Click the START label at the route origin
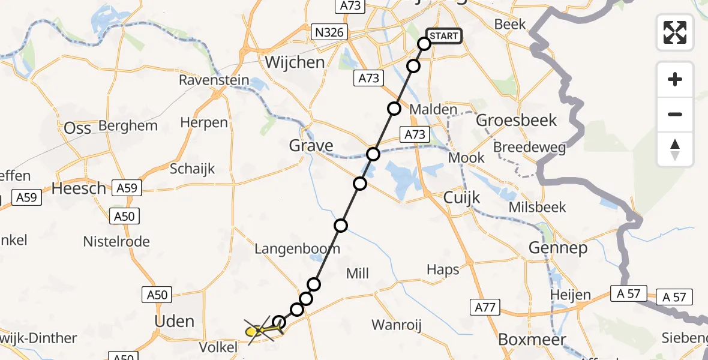(443, 36)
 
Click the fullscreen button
(675, 32)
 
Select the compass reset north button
(675, 149)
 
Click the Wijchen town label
(295, 62)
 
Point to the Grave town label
(311, 146)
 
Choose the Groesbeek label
(517, 120)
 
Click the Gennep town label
(558, 248)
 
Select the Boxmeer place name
(532, 340)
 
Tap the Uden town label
(174, 321)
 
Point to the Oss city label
(77, 128)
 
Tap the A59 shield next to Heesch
(127, 188)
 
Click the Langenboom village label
(298, 248)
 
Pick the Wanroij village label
(397, 325)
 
